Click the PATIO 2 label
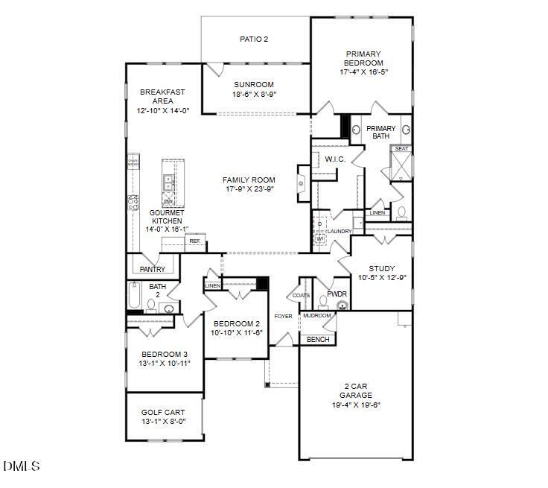pos(255,39)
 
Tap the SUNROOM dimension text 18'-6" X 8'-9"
pos(255,95)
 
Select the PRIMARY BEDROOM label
pos(363,59)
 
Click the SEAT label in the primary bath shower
pos(401,149)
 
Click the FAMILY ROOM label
pos(249,180)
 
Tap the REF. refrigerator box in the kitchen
pos(195,241)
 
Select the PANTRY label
pos(152,268)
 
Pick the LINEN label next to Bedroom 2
pos(213,285)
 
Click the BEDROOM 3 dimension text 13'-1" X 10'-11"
pos(165,363)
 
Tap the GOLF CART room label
pos(163,412)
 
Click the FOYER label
pos(283,317)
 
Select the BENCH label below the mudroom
pos(318,340)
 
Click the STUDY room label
pos(382,268)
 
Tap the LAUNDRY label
pos(339,232)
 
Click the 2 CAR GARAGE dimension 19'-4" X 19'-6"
pos(355,405)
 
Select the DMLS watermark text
pos(22,466)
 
